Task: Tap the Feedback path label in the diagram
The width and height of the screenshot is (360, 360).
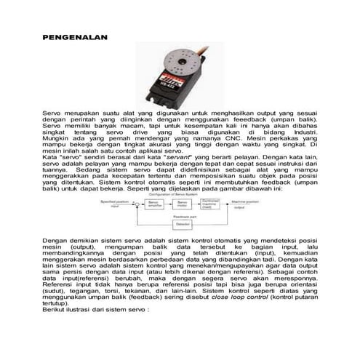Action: tap(182, 217)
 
